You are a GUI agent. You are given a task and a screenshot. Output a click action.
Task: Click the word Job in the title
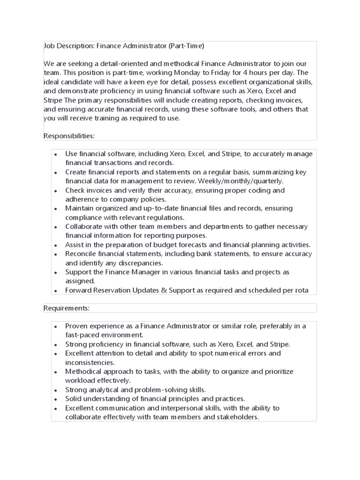pyautogui.click(x=49, y=46)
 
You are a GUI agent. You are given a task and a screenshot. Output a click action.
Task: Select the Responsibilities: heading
pyautogui.click(x=69, y=136)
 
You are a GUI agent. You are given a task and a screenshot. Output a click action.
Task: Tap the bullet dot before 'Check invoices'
pyautogui.click(x=56, y=191)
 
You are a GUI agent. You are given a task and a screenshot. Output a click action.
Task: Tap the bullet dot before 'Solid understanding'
pyautogui.click(x=56, y=399)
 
